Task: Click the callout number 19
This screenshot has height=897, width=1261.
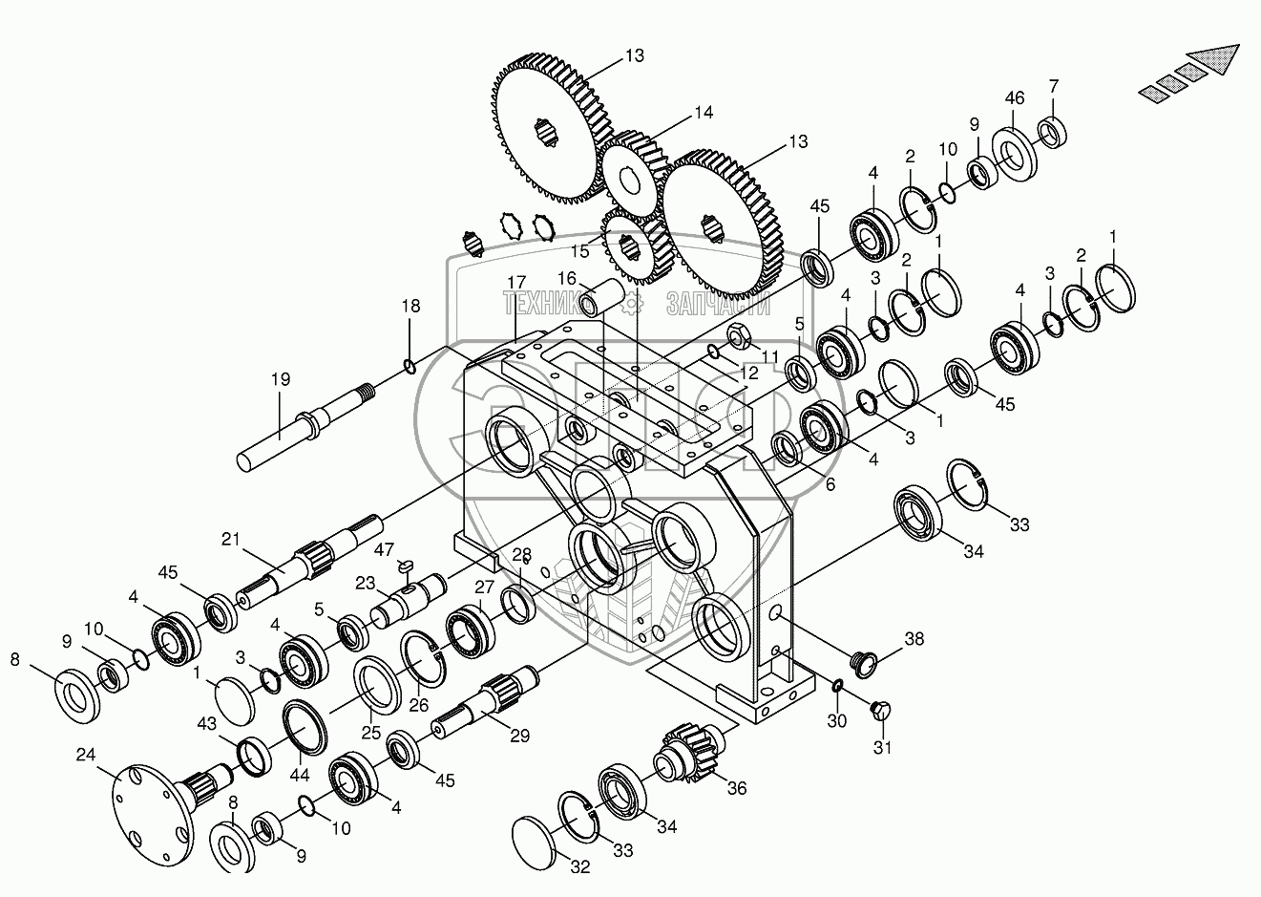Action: tap(279, 379)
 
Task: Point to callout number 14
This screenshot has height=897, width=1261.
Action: tap(703, 113)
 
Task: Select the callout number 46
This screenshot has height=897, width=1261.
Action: tap(1014, 98)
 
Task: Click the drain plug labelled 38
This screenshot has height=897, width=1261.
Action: tap(865, 662)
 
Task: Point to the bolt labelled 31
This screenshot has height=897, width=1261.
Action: tap(880, 711)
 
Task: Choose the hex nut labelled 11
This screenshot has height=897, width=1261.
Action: tap(738, 336)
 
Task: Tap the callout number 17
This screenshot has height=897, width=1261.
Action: tap(516, 283)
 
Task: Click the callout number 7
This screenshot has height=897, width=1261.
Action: tap(1053, 86)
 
